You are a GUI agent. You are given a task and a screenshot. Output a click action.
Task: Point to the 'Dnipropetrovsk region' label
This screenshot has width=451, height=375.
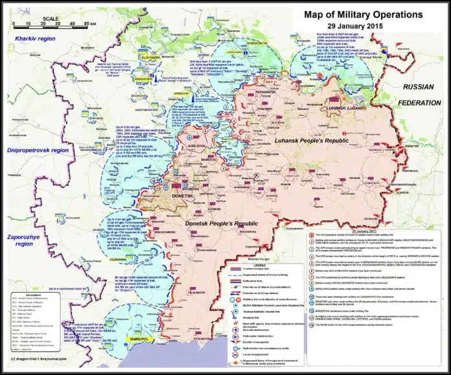[x=38, y=150]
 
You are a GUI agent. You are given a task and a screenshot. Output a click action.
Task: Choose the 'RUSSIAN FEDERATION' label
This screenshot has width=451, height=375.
[x=422, y=91]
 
